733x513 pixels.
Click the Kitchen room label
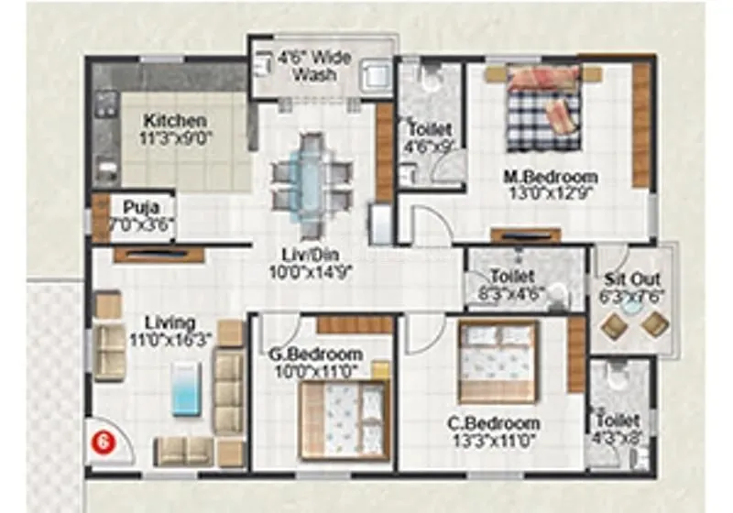pyautogui.click(x=175, y=121)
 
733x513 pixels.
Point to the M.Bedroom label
pyautogui.click(x=555, y=177)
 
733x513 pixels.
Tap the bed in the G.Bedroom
pyautogui.click(x=345, y=419)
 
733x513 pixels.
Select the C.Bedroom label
pyautogui.click(x=493, y=423)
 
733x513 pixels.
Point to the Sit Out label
pyautogui.click(x=633, y=278)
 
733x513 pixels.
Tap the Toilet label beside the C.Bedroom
pyautogui.click(x=617, y=420)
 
